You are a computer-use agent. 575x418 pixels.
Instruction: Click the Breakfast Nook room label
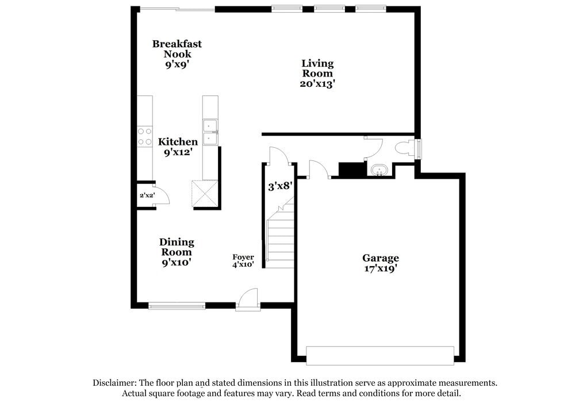pos(177,49)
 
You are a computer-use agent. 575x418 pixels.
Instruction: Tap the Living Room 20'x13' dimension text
pos(318,84)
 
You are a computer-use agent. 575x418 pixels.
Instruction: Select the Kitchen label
pos(178,141)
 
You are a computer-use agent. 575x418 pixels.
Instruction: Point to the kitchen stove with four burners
pos(144,136)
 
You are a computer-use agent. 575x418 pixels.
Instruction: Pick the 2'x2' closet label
pos(147,195)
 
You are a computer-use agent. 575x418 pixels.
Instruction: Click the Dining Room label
pos(177,247)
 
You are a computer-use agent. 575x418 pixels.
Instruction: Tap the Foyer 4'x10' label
pos(243,261)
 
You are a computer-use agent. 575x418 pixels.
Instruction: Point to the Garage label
pos(380,258)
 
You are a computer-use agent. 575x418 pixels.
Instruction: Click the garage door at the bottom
pos(380,355)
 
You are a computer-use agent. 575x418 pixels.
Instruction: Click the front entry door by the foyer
pos(248,300)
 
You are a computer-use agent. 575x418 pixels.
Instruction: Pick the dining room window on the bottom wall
pos(177,306)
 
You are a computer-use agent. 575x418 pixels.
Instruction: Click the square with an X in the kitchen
pos(205,193)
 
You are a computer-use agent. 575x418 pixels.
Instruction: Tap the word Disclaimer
pos(113,382)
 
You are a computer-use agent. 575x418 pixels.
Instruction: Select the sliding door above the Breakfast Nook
pos(178,9)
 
